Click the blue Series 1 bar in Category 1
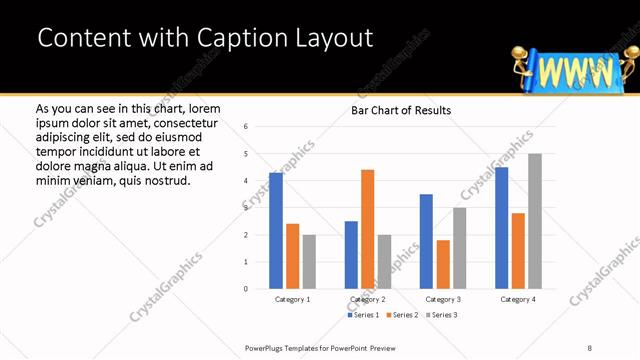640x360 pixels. point(276,231)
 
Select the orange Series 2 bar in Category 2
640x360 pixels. point(368,229)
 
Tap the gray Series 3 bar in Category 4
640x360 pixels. point(534,221)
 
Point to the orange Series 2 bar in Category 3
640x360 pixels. point(443,264)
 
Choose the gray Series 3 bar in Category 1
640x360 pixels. point(309,261)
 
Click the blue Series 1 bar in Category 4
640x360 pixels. point(501,228)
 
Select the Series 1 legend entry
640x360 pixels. point(364,315)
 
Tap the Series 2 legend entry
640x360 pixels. point(402,315)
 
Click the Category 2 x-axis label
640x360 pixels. point(368,299)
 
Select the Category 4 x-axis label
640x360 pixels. point(517,299)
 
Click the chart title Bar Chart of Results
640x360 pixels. point(401,110)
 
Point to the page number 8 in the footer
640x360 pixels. point(589,347)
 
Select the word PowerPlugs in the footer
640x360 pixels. point(268,347)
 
